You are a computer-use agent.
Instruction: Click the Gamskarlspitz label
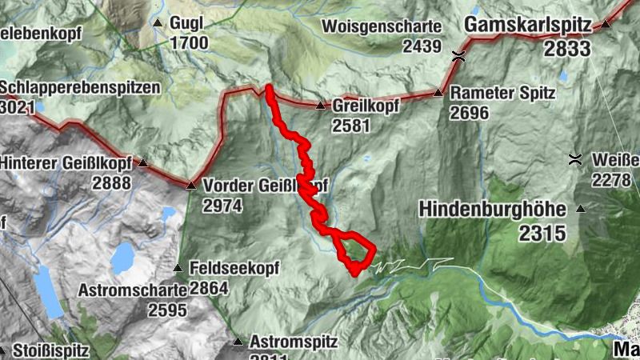[x=530, y=25]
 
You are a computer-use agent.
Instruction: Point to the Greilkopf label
[x=361, y=106]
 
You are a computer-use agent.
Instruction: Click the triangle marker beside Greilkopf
[x=320, y=106]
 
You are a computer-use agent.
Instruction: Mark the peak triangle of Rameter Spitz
[x=438, y=93]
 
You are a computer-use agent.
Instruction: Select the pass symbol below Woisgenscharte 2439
[x=458, y=55]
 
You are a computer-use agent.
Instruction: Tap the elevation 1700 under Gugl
[x=189, y=43]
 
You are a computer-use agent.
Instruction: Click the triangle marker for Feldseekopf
[x=178, y=267]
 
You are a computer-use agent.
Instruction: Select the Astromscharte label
[x=132, y=290]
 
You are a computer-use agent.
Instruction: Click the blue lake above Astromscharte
[x=123, y=258]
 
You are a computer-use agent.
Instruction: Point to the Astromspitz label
[x=294, y=342]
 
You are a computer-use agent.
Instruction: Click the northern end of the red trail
[x=269, y=87]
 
